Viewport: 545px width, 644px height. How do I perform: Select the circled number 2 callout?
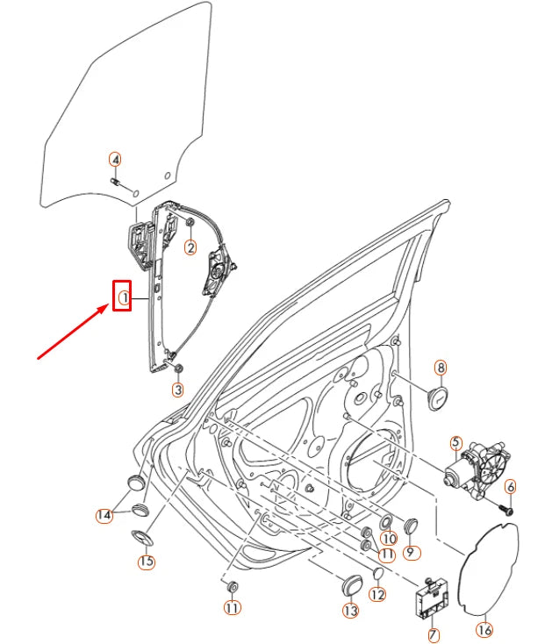pyautogui.click(x=190, y=248)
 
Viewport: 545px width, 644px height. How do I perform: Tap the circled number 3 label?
pyautogui.click(x=177, y=390)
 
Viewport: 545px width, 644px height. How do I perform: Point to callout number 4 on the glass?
pyautogui.click(x=115, y=160)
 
